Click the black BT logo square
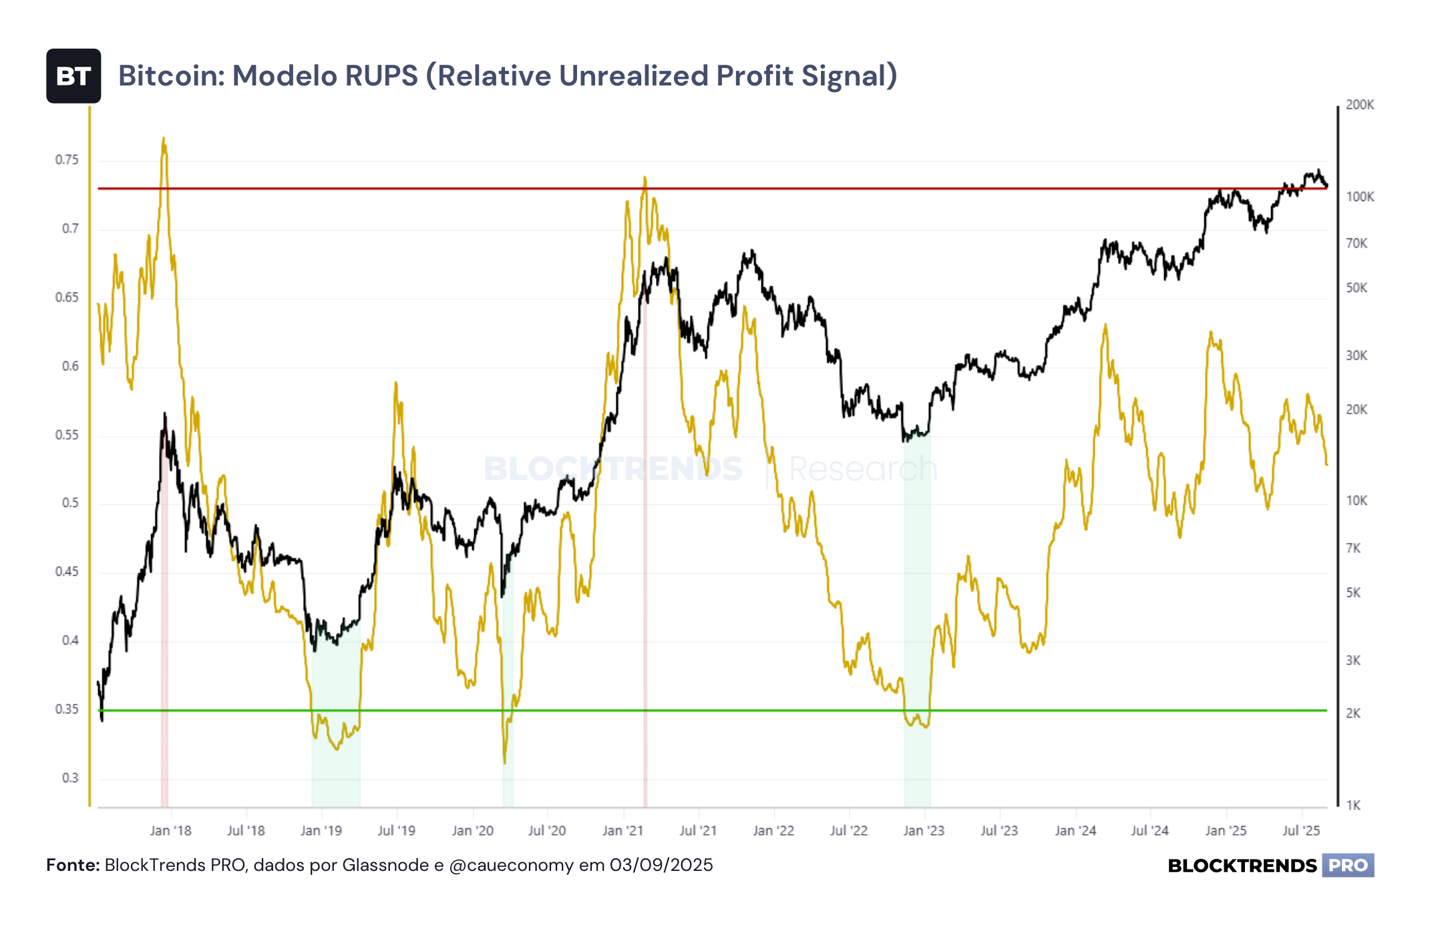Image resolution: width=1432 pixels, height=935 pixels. pos(73,76)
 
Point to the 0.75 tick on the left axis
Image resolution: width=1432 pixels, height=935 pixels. pos(67,160)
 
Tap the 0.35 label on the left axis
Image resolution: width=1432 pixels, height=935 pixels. pos(67,709)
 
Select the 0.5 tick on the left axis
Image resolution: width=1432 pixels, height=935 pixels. pos(70,503)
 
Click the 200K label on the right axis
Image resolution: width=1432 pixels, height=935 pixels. pos(1360,105)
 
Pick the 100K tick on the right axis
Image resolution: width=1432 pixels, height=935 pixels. pos(1360,197)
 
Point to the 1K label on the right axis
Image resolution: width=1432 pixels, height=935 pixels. pos(1353,805)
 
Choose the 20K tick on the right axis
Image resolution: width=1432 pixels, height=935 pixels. pos(1357,410)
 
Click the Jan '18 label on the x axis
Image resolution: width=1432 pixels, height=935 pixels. pos(170,831)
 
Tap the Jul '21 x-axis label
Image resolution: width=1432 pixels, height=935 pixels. pos(698,831)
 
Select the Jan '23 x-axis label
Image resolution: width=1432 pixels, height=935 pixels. pos(924,831)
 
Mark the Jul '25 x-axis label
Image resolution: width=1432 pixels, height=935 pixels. pos(1301,831)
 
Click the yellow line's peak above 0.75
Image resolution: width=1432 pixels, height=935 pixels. pos(164,138)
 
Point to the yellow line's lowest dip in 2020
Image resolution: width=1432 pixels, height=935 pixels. pos(505,763)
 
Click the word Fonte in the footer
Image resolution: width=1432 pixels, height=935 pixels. pos(71,866)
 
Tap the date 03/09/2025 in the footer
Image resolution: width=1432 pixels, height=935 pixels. pos(661,866)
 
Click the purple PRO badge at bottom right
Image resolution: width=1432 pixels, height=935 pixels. pos(1348,866)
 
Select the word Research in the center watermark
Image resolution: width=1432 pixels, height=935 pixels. pos(864,469)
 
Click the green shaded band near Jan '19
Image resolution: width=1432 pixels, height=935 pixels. pos(336,715)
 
